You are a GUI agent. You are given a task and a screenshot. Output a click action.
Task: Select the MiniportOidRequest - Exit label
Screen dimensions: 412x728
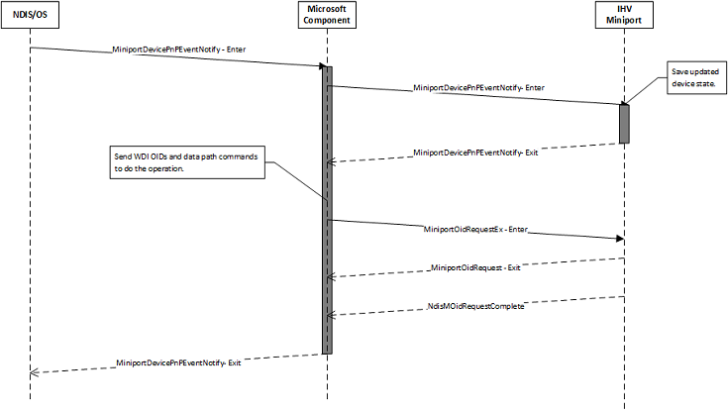click(476, 267)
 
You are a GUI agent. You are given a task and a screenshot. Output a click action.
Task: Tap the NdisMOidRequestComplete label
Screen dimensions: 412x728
click(476, 306)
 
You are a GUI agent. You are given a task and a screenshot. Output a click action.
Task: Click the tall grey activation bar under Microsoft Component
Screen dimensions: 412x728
click(326, 208)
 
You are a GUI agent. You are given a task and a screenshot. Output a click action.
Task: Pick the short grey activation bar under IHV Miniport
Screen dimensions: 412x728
click(625, 123)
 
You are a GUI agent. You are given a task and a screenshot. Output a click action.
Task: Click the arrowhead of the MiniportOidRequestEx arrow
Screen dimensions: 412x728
click(618, 238)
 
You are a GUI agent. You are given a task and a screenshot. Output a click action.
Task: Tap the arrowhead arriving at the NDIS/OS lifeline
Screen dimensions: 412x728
click(36, 371)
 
